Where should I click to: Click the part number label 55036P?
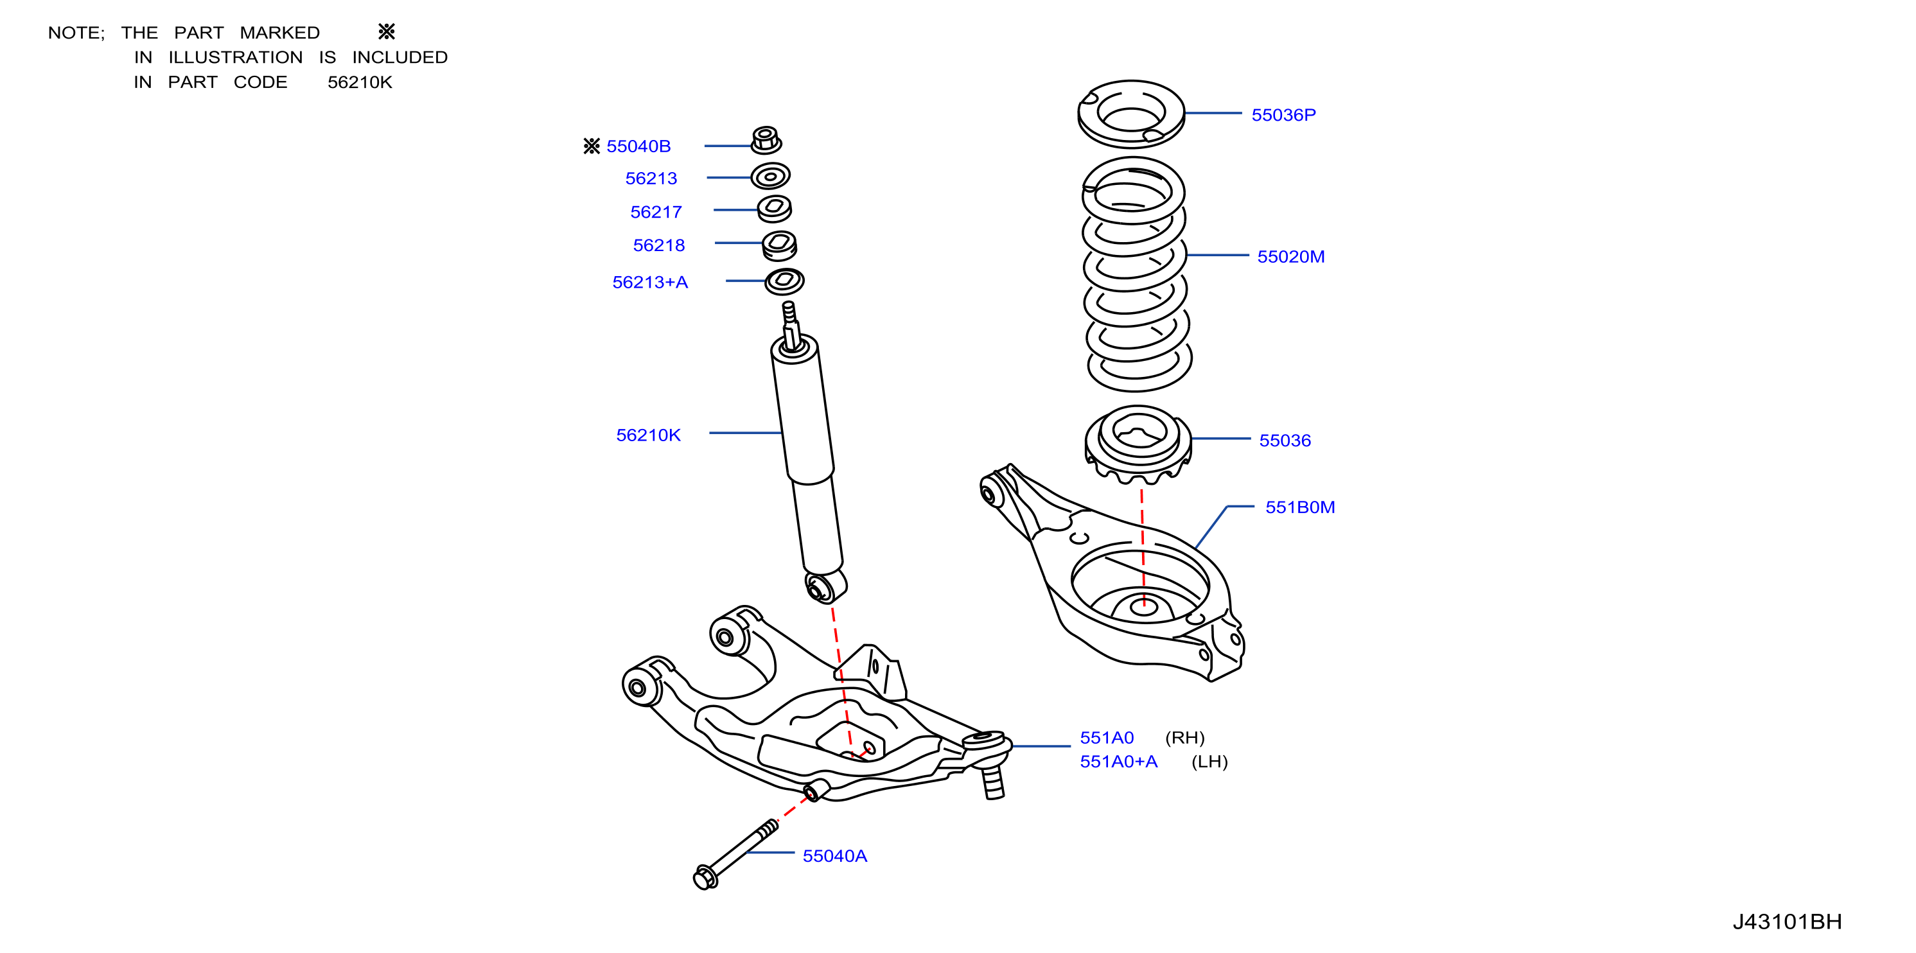1283,114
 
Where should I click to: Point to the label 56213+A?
649,283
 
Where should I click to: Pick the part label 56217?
655,212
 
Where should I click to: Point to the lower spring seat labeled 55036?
1138,443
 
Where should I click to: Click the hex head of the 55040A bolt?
705,877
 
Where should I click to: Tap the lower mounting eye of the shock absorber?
825,586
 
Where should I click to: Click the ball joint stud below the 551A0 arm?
993,782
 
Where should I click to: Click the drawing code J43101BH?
1787,922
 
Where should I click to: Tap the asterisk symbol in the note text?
386,32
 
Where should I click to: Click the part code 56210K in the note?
359,82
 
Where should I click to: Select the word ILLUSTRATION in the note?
235,57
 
